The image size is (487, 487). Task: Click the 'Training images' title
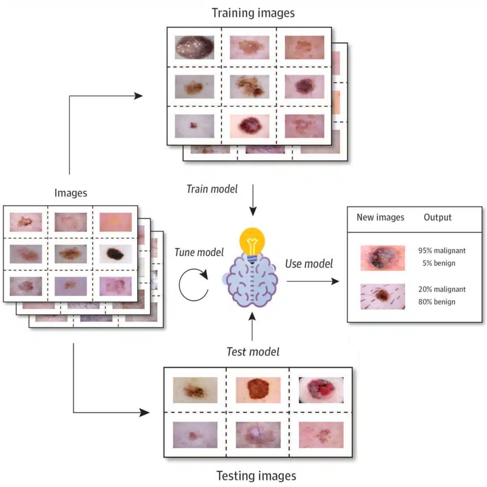tap(253, 12)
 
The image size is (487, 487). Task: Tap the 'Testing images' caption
tap(256, 475)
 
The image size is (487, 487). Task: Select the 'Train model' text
tap(212, 189)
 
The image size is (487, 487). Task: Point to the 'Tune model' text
tap(199, 253)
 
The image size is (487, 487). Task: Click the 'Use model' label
tap(309, 263)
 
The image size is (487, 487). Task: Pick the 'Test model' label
tap(253, 352)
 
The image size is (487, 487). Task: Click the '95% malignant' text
tap(442, 251)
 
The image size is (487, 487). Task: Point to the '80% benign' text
tap(438, 302)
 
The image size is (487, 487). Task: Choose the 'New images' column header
tap(380, 218)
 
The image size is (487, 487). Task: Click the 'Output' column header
tap(438, 218)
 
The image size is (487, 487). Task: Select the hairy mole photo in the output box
tap(382, 296)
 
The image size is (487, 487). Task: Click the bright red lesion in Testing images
tap(321, 390)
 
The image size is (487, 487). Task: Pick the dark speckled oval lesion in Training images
tap(194, 47)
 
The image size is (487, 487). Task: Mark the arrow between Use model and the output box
tap(312, 281)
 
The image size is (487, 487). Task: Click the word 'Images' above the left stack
tap(71, 193)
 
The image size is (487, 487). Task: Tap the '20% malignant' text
tap(442, 289)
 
